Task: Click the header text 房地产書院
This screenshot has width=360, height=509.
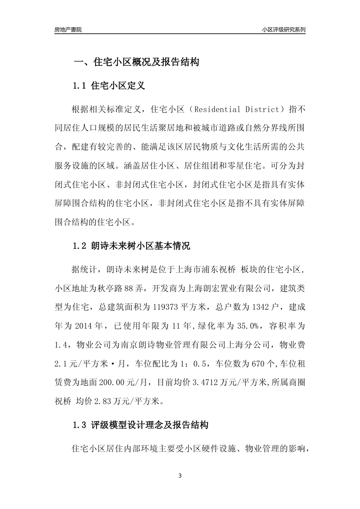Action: point(68,30)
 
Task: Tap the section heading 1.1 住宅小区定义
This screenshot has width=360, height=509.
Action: point(108,86)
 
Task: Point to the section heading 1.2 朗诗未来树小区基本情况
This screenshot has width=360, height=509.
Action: point(131,246)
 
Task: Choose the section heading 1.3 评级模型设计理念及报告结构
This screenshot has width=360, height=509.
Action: point(140,425)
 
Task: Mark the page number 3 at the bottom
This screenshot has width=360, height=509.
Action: point(180,476)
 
